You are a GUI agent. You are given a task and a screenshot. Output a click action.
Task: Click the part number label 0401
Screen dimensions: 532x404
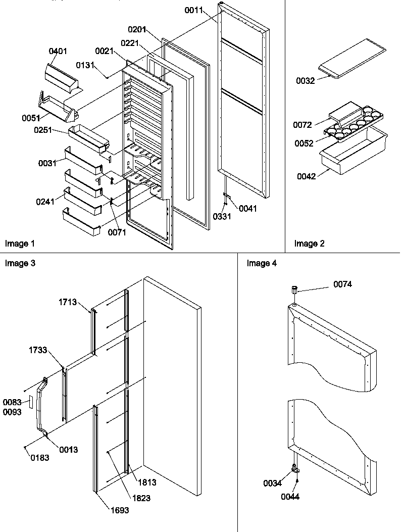pyautogui.click(x=58, y=52)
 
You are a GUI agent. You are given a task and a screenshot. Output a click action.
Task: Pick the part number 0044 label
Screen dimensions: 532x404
pyautogui.click(x=291, y=497)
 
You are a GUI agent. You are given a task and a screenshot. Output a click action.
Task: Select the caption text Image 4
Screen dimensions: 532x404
pyautogui.click(x=262, y=263)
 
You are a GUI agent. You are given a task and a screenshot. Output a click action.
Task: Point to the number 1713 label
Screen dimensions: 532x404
pyautogui.click(x=67, y=302)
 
